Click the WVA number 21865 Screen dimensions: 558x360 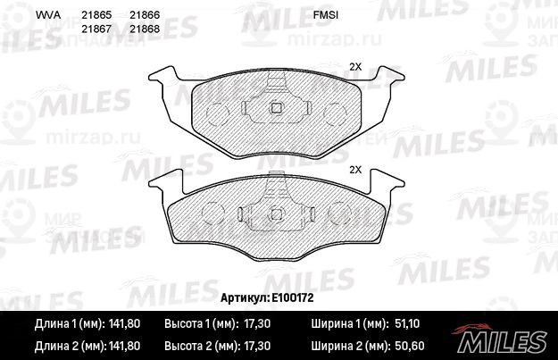pyautogui.click(x=96, y=15)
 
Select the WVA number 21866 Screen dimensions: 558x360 pyautogui.click(x=145, y=15)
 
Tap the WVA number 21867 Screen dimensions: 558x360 pyautogui.click(x=96, y=29)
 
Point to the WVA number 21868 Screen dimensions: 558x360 pyautogui.click(x=145, y=29)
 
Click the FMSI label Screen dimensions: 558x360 pyautogui.click(x=326, y=15)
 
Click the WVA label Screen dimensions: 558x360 pyautogui.click(x=48, y=15)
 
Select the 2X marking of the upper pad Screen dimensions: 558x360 pyautogui.click(x=355, y=67)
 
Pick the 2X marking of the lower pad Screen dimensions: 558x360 pyautogui.click(x=355, y=170)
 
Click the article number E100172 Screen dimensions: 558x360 pyautogui.click(x=293, y=297)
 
